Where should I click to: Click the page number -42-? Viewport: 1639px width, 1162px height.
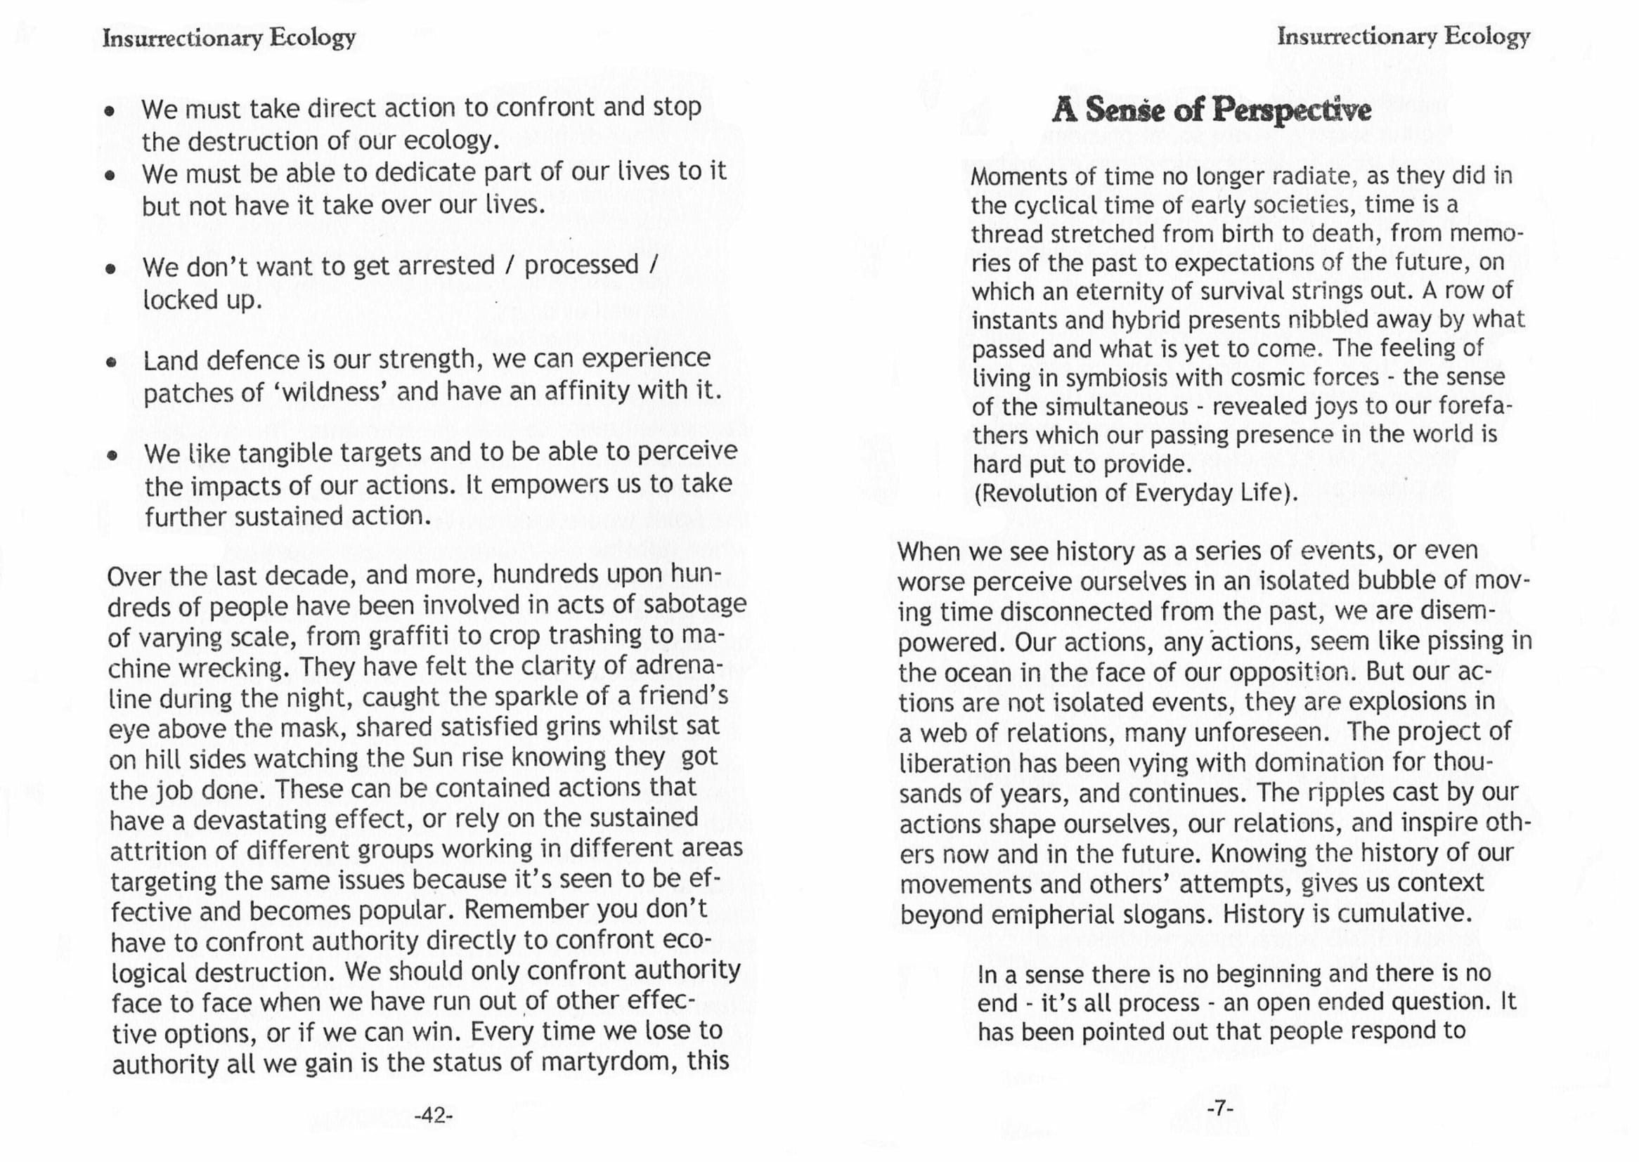(434, 1116)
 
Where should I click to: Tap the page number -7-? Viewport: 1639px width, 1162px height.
(1219, 1109)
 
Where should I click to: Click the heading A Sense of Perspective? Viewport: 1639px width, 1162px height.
(1211, 111)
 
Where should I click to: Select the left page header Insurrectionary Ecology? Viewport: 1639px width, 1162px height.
(229, 38)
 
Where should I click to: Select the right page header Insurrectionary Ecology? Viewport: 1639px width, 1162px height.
(1403, 37)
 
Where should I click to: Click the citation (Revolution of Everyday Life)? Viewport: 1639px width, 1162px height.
(1135, 494)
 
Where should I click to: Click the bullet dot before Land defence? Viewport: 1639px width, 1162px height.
(111, 362)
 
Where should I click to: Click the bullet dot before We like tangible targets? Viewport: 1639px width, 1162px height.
(111, 456)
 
